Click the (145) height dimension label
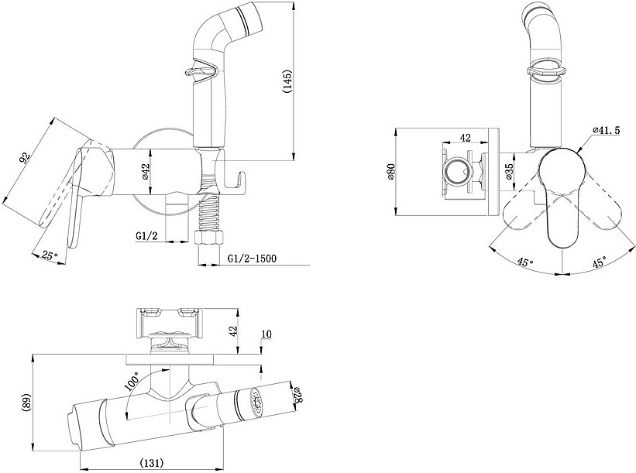287,82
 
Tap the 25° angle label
50,255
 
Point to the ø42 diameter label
145,173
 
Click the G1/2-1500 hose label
252,259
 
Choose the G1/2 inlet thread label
146,236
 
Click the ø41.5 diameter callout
606,130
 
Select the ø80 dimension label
391,172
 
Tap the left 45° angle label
525,262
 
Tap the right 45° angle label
599,262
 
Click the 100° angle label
133,382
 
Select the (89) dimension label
27,403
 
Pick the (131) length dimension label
151,462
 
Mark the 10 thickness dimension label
266,334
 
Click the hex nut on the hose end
209,238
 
